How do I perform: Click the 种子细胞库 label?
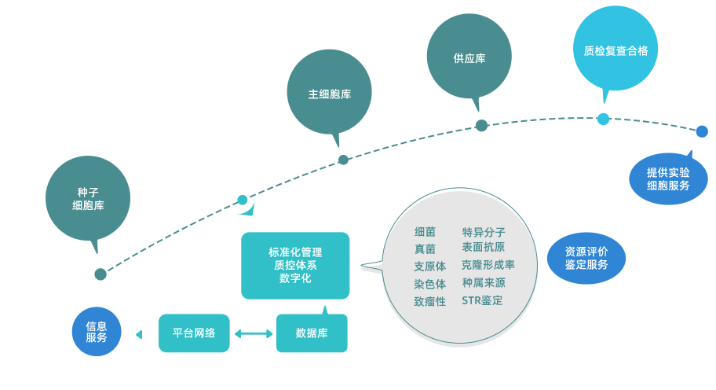[88, 199]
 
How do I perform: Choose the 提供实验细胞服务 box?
[668, 178]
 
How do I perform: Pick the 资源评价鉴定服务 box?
[586, 258]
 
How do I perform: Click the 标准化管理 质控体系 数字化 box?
[295, 265]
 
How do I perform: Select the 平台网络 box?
[194, 333]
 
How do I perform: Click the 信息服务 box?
[97, 332]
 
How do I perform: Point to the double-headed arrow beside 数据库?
[253, 333]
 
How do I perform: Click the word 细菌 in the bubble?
[425, 232]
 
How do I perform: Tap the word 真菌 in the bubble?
[425, 249]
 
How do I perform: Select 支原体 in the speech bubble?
[429, 267]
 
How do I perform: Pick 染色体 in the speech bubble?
[429, 284]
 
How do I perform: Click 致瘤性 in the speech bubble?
[429, 301]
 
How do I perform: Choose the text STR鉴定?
[482, 300]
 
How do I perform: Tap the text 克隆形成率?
[488, 265]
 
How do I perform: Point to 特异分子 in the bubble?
[484, 232]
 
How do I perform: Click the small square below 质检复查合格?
[603, 119]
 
